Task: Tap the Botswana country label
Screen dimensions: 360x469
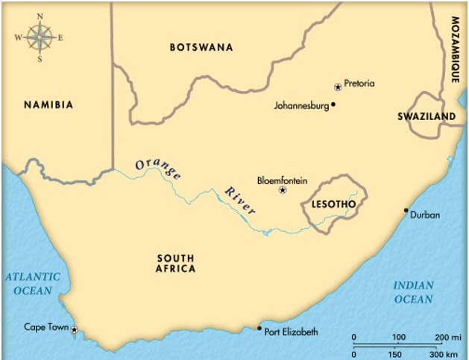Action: pos(201,48)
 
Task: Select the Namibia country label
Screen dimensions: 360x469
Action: pos(48,105)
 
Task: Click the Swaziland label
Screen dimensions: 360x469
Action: pos(426,117)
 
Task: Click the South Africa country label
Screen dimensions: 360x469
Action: pos(176,264)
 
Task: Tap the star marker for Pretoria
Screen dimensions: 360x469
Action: pos(338,86)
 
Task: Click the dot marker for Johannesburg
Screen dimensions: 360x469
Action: pos(333,104)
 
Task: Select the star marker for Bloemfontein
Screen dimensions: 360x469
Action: pos(282,191)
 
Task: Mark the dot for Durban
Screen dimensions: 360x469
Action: pos(406,210)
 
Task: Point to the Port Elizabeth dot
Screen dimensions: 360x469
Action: pos(259,329)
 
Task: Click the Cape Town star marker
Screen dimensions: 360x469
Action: pos(74,329)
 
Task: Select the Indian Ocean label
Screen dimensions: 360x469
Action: pos(412,291)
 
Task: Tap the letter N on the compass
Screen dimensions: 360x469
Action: pos(40,16)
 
